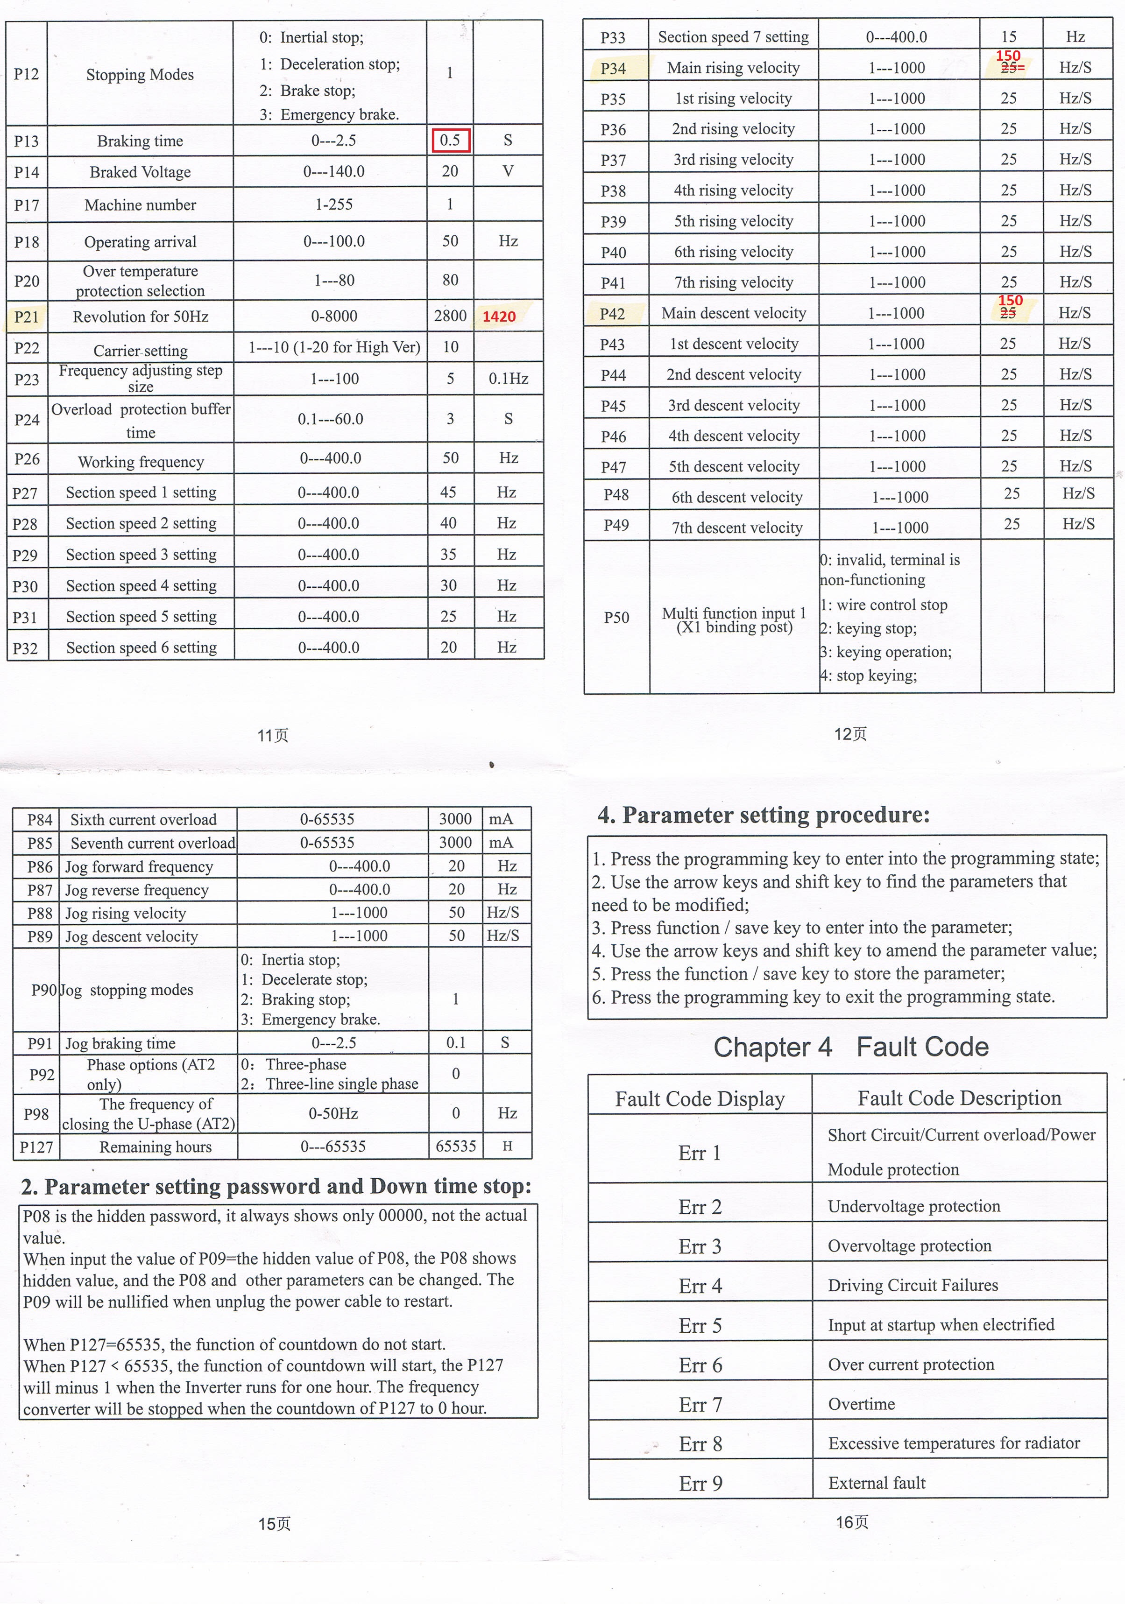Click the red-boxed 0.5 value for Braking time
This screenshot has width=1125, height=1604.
point(450,141)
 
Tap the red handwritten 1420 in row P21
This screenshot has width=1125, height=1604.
point(499,317)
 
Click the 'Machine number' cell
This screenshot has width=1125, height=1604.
point(141,204)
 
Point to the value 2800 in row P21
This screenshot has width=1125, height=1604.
point(450,316)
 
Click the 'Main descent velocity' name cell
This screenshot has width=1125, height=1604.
point(734,313)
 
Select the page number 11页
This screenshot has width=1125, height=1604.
point(273,735)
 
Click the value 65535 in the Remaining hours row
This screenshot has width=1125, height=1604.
point(456,1147)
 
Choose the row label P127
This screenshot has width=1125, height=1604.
point(36,1147)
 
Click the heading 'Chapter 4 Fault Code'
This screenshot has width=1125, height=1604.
point(850,1047)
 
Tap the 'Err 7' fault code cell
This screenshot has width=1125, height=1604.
point(700,1404)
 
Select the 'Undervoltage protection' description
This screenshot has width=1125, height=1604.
point(914,1206)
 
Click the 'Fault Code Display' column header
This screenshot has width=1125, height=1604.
point(700,1099)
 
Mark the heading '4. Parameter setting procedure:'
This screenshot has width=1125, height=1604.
point(764,815)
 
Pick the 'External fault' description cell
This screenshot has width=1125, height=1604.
point(877,1483)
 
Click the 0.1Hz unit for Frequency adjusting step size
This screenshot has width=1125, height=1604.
point(508,379)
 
